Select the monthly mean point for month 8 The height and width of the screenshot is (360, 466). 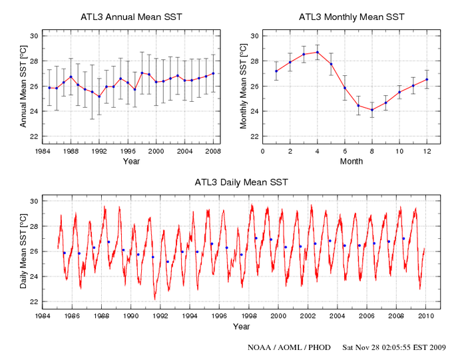(372, 110)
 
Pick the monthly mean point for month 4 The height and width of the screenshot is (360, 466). (317, 52)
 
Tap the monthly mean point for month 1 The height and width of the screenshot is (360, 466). (276, 71)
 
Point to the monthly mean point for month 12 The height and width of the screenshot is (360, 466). (427, 79)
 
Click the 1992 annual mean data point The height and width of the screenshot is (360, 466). (99, 96)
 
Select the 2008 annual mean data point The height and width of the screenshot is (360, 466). (213, 73)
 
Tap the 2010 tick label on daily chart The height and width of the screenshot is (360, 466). (426, 317)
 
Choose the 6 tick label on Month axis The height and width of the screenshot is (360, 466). (344, 152)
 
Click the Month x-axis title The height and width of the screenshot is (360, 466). (351, 162)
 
